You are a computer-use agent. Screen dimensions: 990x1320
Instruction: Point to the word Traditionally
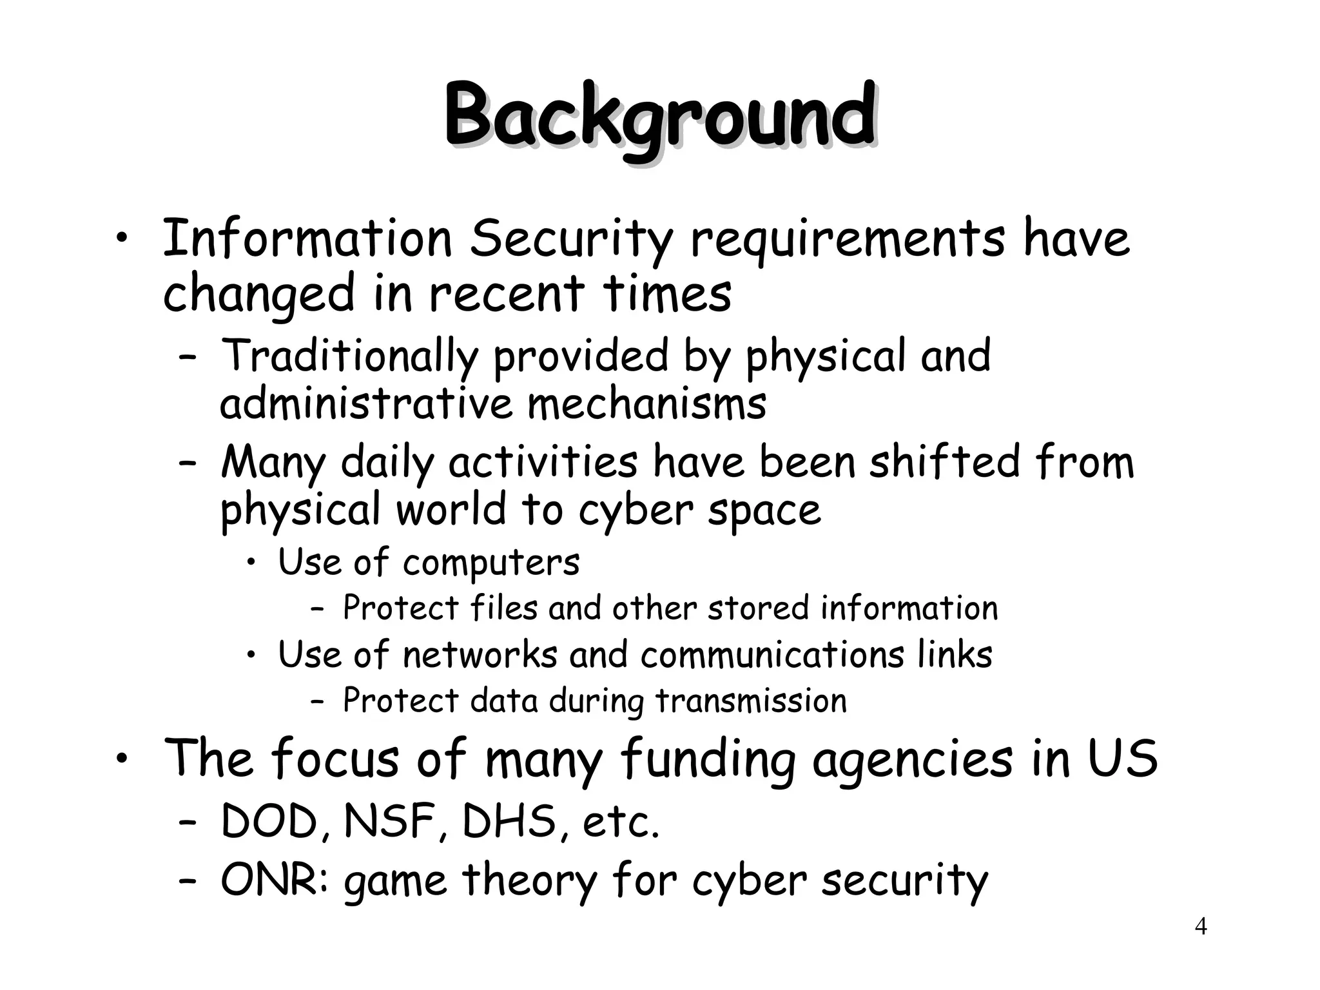coord(350,356)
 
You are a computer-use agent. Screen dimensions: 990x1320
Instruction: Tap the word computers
coord(491,562)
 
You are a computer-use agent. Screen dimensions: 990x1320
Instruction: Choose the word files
coord(503,608)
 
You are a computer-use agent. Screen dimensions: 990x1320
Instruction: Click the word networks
coord(480,655)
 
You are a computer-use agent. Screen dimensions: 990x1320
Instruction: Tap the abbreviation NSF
coord(389,822)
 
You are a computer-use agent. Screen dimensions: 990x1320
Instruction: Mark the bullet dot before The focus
coord(121,760)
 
